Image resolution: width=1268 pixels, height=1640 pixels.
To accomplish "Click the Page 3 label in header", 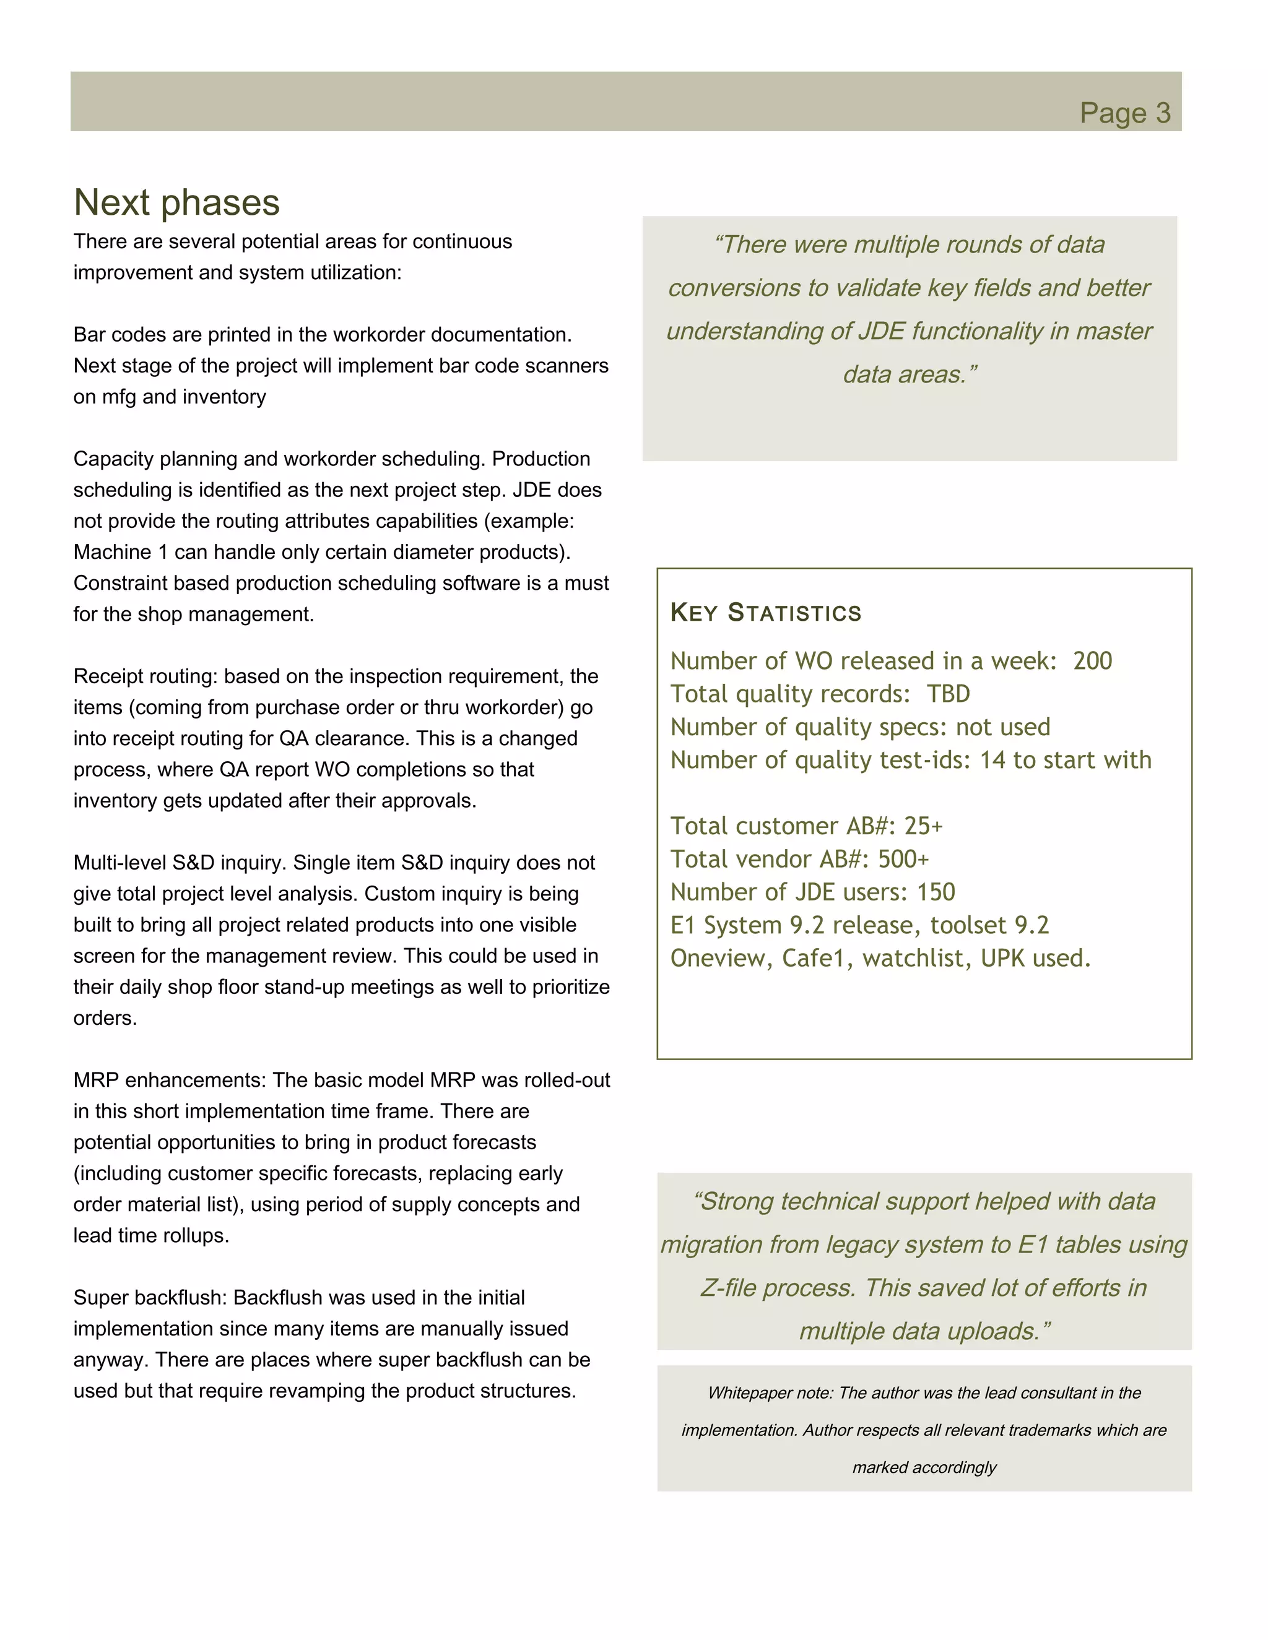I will click(x=1124, y=113).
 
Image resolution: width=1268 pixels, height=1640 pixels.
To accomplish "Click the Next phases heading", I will click(x=176, y=203).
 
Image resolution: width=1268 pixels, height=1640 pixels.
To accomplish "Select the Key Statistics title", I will click(x=765, y=612).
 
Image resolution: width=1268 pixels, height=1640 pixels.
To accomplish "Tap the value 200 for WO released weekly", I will click(x=1092, y=661).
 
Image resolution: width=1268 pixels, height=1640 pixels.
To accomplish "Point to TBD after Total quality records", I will click(x=948, y=694).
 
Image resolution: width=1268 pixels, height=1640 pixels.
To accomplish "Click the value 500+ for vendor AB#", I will click(x=904, y=859).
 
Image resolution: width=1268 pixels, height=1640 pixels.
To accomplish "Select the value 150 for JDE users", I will click(x=936, y=892).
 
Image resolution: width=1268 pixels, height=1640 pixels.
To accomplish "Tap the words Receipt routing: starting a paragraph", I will click(x=145, y=676).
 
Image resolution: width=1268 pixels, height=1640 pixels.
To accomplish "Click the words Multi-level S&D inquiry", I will click(x=180, y=863).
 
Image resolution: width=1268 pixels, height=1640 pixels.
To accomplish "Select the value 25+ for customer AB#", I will click(x=923, y=826).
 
